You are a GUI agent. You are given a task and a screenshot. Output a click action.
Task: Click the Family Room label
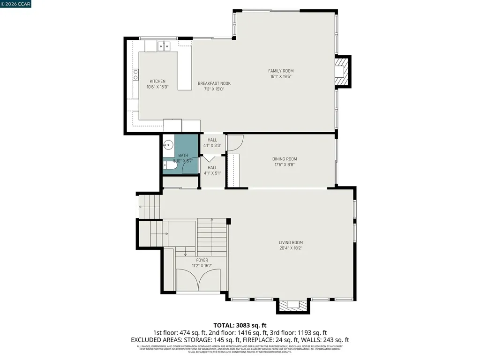281,71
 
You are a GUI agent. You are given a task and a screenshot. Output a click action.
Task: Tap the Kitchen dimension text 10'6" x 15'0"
157,87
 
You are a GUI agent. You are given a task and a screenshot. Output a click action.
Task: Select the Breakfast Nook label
214,83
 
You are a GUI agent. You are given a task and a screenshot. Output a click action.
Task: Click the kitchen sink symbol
163,45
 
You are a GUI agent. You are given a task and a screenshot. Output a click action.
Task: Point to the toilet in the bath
167,165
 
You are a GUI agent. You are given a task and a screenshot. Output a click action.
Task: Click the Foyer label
202,260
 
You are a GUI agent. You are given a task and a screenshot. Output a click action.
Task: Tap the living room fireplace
293,306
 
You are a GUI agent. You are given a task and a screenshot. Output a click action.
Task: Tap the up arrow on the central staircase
212,222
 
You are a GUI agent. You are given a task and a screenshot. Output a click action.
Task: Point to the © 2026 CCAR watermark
15,4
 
